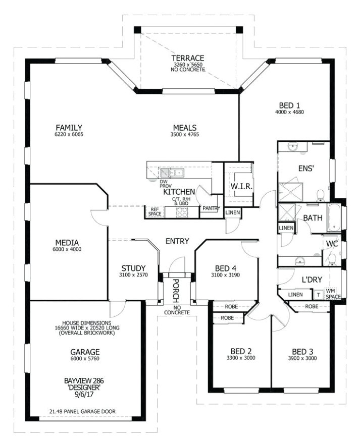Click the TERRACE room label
click(187, 58)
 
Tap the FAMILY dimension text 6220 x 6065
click(69, 134)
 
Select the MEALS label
click(185, 128)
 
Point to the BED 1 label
click(289, 105)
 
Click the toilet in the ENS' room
click(321, 195)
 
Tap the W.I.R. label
click(241, 187)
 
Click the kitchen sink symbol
click(172, 173)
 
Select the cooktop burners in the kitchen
click(182, 212)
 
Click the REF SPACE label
click(155, 211)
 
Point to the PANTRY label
click(211, 208)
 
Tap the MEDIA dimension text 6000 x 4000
click(67, 249)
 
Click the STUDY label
click(133, 268)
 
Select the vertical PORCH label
click(176, 291)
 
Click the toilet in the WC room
click(332, 259)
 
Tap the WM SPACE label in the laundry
click(333, 294)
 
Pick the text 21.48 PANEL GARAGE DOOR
click(82, 412)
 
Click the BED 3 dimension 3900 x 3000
click(302, 358)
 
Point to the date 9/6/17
click(82, 395)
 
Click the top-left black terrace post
click(137, 30)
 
